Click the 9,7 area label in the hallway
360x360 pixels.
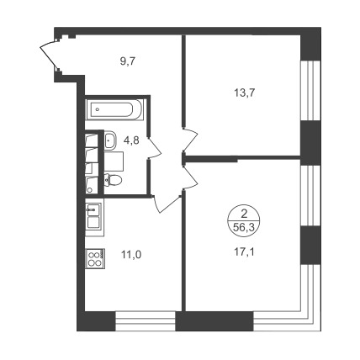tap(128, 61)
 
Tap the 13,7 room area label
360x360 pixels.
tap(244, 93)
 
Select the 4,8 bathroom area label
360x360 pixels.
tap(131, 140)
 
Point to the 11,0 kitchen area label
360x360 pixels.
tap(131, 255)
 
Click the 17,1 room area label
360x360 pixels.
tap(244, 252)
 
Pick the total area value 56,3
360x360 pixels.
tap(244, 228)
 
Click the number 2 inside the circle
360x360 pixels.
tap(244, 214)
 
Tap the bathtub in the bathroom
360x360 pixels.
tap(115, 109)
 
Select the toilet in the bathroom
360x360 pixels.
tap(113, 179)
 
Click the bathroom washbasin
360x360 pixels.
tap(111, 140)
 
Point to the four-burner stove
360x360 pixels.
tap(95, 259)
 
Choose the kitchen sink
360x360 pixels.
tap(93, 209)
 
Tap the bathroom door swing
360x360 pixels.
tap(155, 147)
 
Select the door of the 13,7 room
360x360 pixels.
tap(190, 140)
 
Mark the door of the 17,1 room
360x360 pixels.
tap(190, 177)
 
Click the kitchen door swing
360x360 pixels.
tap(166, 204)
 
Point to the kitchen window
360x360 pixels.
tap(146, 321)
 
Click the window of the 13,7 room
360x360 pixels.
tap(310, 91)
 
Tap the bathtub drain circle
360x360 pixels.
tap(98, 109)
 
